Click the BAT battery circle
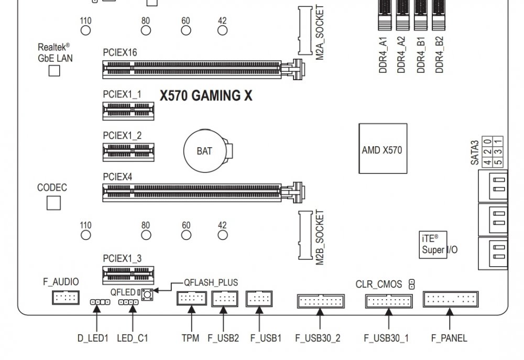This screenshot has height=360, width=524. click(204, 151)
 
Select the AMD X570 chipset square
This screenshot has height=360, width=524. click(383, 148)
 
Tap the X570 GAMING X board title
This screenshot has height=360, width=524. click(206, 95)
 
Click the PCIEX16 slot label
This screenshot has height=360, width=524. click(120, 52)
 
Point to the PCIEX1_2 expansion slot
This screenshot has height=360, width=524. click(128, 152)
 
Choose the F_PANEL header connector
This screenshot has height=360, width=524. click(451, 299)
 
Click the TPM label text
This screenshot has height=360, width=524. click(191, 339)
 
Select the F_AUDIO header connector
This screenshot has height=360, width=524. click(65, 297)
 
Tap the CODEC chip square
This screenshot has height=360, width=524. click(53, 203)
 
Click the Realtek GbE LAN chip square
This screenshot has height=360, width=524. click(54, 71)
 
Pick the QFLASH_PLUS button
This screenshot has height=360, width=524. click(147, 294)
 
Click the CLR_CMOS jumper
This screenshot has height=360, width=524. click(412, 285)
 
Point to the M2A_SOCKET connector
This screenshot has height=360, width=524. click(305, 30)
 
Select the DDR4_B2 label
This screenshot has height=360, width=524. click(440, 54)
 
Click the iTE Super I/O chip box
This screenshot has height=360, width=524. click(433, 245)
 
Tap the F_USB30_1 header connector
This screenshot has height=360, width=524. click(389, 301)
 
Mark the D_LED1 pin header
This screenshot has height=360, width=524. click(100, 302)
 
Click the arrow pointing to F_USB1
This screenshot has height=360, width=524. click(259, 319)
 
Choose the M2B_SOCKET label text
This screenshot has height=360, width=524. click(320, 237)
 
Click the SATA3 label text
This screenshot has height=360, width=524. click(475, 153)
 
